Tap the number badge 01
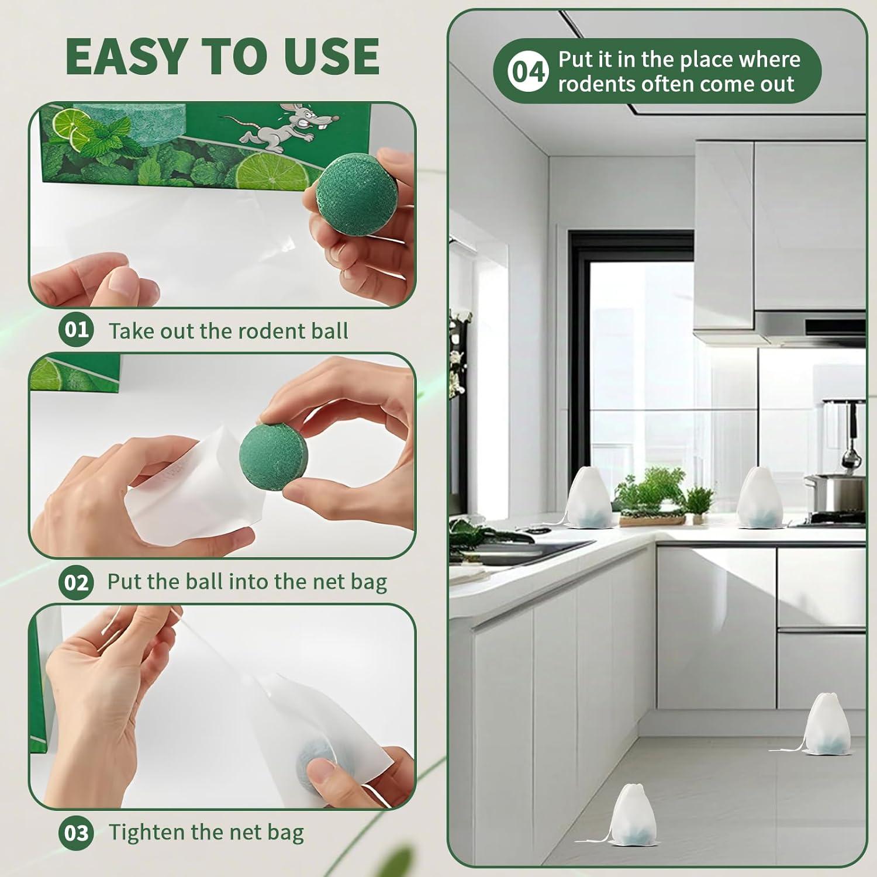76,330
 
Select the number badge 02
76,582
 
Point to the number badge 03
76,833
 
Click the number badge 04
528,71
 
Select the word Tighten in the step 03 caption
146,833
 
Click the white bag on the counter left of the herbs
589,498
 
